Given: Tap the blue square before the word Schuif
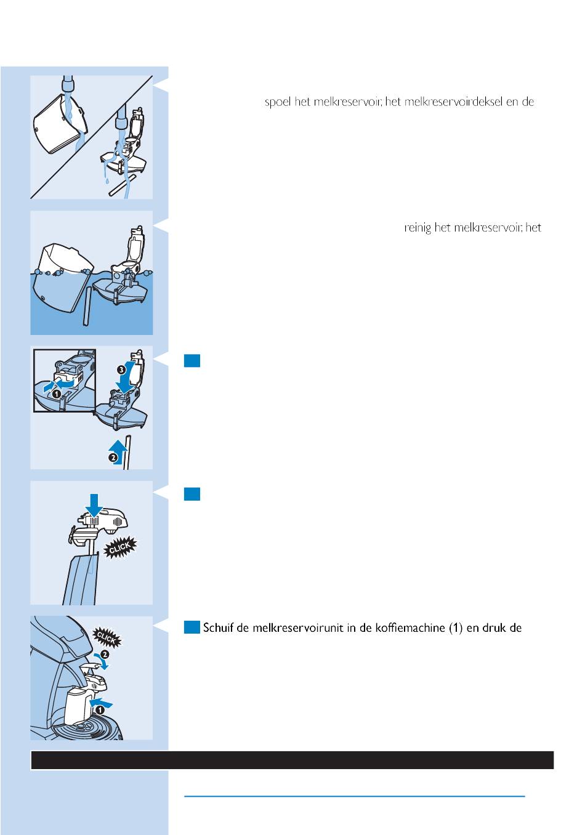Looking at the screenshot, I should [x=192, y=627].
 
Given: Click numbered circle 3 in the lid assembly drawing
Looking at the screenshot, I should [x=122, y=369].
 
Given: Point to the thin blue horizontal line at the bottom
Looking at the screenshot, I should [x=354, y=796].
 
